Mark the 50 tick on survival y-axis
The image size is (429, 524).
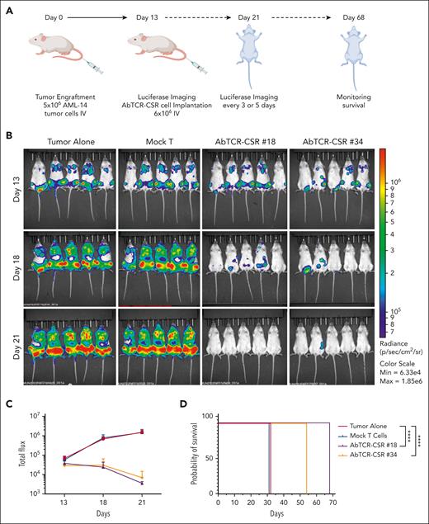[212, 454]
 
